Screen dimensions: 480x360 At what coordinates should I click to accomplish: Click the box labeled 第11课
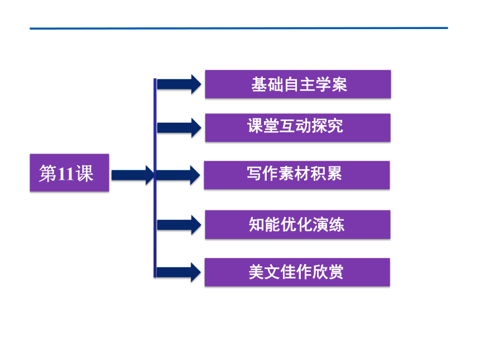70,172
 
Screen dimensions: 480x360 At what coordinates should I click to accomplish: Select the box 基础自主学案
298,84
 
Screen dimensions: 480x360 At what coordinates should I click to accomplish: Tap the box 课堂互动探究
297,128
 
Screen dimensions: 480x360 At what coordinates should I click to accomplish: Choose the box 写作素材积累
296,175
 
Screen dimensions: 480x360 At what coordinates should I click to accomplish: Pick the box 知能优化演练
297,224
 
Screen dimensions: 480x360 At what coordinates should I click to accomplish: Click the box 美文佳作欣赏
297,272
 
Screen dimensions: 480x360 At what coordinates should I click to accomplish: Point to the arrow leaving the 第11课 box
133,175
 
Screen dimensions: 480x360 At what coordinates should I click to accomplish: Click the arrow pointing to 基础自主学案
179,84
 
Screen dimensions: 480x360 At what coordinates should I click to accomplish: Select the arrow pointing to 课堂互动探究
179,128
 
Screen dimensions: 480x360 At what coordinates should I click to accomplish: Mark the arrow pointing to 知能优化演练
179,225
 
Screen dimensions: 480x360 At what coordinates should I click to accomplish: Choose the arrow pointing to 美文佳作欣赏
179,272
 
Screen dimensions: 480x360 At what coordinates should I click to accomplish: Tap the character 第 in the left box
48,173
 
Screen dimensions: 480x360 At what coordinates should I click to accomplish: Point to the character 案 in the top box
339,84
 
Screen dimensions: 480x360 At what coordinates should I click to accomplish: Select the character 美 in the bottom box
257,272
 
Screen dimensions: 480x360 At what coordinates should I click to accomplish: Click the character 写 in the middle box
255,174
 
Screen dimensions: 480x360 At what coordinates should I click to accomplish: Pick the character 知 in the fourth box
257,224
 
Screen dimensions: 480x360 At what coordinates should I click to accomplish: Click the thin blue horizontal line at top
239,28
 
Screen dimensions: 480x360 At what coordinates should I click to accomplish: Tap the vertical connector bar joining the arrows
155,178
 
